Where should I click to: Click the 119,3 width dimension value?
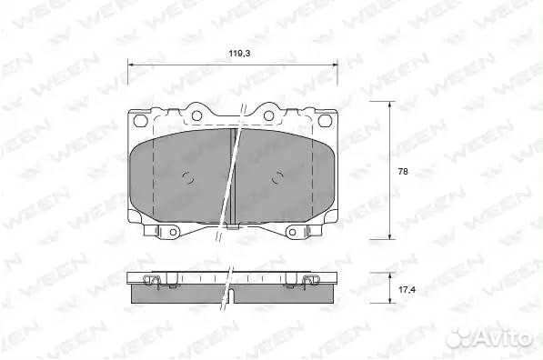(x=239, y=54)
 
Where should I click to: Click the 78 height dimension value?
(x=403, y=171)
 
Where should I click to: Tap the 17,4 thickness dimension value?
(x=407, y=289)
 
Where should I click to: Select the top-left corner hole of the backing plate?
(x=140, y=121)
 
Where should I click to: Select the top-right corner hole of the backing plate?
(x=325, y=120)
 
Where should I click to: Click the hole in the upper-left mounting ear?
(x=196, y=115)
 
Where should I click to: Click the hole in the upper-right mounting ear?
(x=268, y=115)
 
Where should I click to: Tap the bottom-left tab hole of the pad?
(x=173, y=232)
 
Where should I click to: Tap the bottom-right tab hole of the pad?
(x=292, y=232)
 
